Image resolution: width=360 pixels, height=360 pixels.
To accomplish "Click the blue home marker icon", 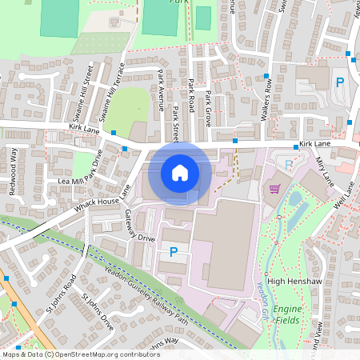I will click(x=180, y=172).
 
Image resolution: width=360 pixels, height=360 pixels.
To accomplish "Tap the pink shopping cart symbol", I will click(x=275, y=189).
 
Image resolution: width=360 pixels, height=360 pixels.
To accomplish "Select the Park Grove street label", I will click(x=208, y=106).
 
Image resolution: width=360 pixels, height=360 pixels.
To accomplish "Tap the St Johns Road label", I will click(x=59, y=292).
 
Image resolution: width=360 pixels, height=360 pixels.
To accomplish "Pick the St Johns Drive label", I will click(x=99, y=311).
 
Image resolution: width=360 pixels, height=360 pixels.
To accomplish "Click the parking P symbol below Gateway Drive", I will click(x=173, y=253).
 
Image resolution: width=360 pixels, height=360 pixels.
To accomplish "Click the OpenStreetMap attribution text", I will click(x=80, y=354).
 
